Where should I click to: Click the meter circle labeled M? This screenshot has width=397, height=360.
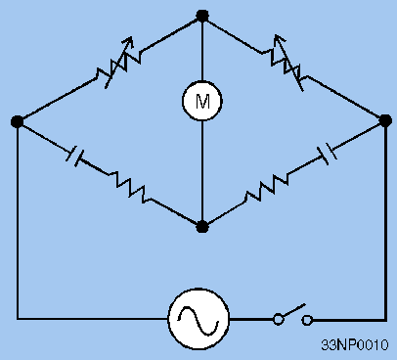click(202, 100)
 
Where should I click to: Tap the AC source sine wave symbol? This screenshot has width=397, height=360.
click(198, 318)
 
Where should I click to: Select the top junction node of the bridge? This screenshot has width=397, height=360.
click(202, 16)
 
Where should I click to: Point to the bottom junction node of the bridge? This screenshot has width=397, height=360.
click(202, 226)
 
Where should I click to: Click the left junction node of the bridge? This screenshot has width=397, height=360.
click(17, 121)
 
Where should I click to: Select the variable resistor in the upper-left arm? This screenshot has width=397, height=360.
click(110, 67)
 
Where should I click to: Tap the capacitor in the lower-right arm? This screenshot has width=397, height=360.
click(329, 153)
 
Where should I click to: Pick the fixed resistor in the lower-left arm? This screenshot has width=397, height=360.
click(131, 187)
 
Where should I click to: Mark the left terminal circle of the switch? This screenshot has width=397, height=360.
click(278, 319)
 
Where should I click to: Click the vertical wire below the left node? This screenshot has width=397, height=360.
click(17, 225)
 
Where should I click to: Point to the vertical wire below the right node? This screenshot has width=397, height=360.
click(383, 225)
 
